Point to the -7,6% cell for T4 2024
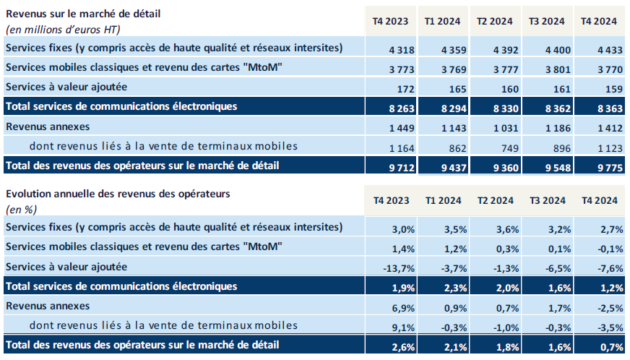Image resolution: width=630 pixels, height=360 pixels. (x=610, y=267)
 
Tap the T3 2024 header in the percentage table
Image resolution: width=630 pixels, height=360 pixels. (x=548, y=200)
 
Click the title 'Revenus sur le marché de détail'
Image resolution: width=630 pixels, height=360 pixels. (x=82, y=13)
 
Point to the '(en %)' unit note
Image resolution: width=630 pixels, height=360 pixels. (x=21, y=210)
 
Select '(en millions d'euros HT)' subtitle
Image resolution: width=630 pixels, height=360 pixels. (x=62, y=30)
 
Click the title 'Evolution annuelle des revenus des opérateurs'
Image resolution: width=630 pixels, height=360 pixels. (x=118, y=194)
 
